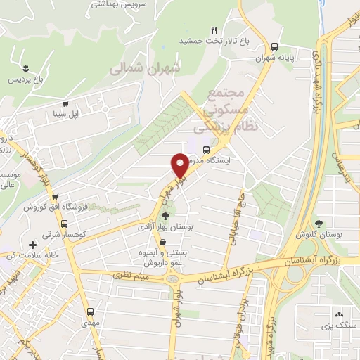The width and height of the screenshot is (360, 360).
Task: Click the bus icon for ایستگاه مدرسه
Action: [x=205, y=150]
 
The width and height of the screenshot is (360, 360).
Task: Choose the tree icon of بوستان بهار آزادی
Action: [x=166, y=216]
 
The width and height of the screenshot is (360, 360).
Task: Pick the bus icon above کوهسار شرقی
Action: [x=64, y=224]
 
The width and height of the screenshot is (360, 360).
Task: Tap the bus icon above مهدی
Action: [x=89, y=312]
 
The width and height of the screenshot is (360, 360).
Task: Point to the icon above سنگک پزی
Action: [x=339, y=314]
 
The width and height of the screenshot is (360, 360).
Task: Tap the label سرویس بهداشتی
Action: [x=118, y=4]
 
